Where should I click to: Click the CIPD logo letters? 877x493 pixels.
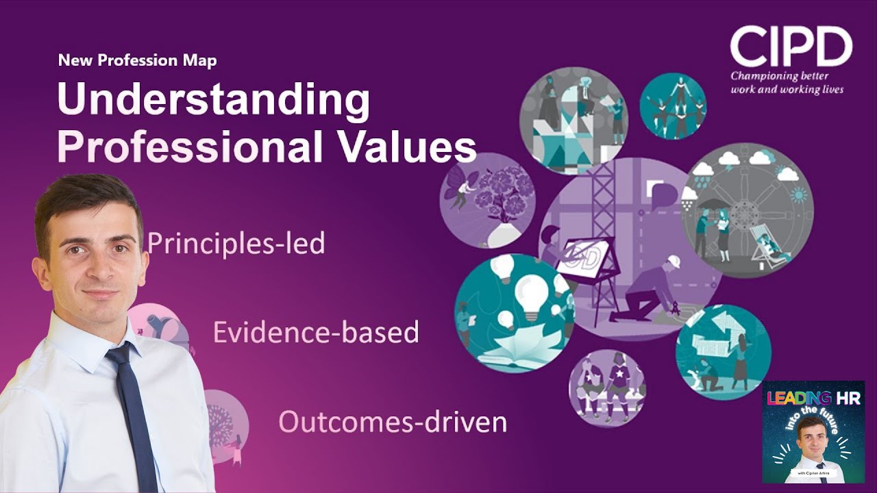(x=790, y=47)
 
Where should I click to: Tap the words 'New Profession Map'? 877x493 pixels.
(x=137, y=60)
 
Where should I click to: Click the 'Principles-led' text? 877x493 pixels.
(x=236, y=243)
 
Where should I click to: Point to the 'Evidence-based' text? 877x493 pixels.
(x=316, y=332)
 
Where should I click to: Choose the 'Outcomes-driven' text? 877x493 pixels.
(x=393, y=422)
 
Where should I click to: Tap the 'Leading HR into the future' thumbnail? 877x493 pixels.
(x=813, y=432)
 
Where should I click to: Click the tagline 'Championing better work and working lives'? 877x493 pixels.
(x=787, y=83)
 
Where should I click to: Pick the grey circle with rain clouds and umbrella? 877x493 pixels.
(x=747, y=209)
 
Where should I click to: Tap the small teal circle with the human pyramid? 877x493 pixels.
(x=672, y=106)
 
